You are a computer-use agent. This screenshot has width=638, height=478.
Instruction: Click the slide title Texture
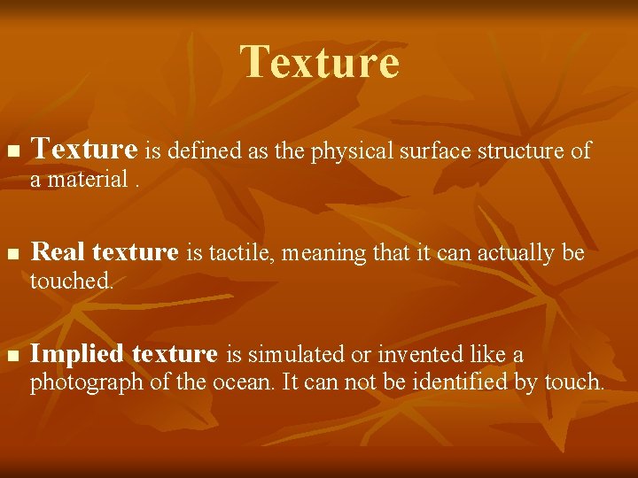319,62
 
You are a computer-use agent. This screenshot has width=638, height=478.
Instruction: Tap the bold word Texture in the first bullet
84,150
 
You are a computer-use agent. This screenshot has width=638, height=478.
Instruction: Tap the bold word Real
58,252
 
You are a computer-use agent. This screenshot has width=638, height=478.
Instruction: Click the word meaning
327,254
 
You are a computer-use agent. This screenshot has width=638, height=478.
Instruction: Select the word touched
71,281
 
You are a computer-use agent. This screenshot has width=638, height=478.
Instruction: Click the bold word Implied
77,354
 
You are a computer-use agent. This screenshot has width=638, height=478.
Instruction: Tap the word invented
424,355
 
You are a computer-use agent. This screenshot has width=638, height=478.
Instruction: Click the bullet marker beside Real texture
12,255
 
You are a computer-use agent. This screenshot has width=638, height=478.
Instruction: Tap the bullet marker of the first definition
12,153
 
